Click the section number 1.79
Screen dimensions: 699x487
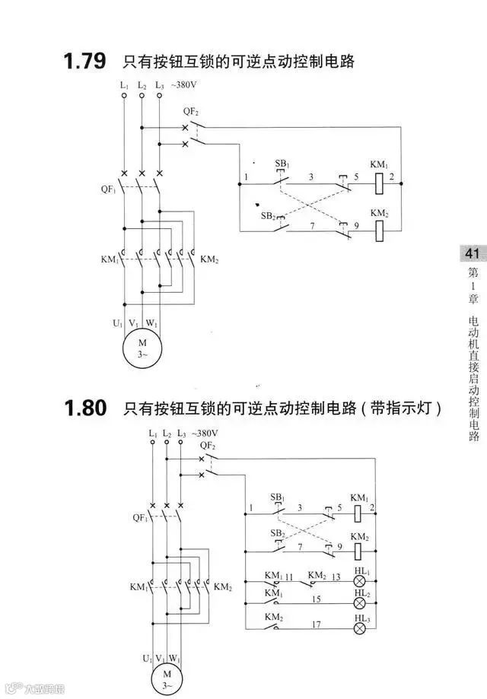coord(84,61)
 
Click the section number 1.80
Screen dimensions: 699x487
coord(84,408)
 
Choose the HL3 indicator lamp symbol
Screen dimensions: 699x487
coord(361,629)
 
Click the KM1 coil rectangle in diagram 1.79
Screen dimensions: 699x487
coord(378,183)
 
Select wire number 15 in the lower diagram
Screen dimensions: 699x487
coord(317,599)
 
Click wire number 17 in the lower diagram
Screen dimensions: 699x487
coord(317,624)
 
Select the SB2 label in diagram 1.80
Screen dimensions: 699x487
coord(278,533)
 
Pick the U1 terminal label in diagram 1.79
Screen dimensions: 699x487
coord(117,323)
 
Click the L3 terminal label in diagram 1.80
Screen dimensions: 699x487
coord(181,434)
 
